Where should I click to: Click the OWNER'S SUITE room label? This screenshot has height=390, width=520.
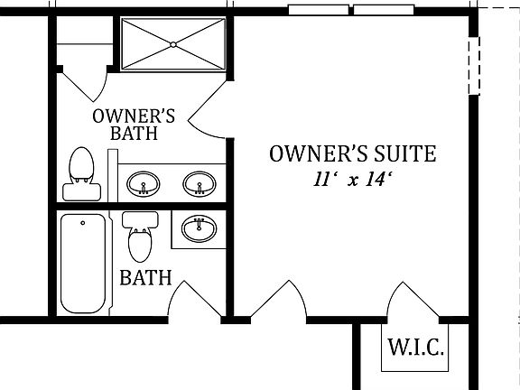(x=352, y=154)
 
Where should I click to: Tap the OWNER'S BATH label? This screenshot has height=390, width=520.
(x=135, y=125)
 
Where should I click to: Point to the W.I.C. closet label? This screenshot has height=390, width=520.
(x=414, y=348)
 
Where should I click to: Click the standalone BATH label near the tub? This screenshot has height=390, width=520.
(x=145, y=277)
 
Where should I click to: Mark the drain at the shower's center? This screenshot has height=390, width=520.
(x=172, y=44)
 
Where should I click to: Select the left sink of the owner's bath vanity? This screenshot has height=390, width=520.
(x=142, y=186)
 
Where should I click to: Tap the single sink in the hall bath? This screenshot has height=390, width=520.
(x=197, y=229)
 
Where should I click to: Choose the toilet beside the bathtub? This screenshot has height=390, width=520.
(x=139, y=237)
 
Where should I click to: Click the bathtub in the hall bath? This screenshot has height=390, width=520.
(x=83, y=262)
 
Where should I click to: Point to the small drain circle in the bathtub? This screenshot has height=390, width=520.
(x=83, y=222)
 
